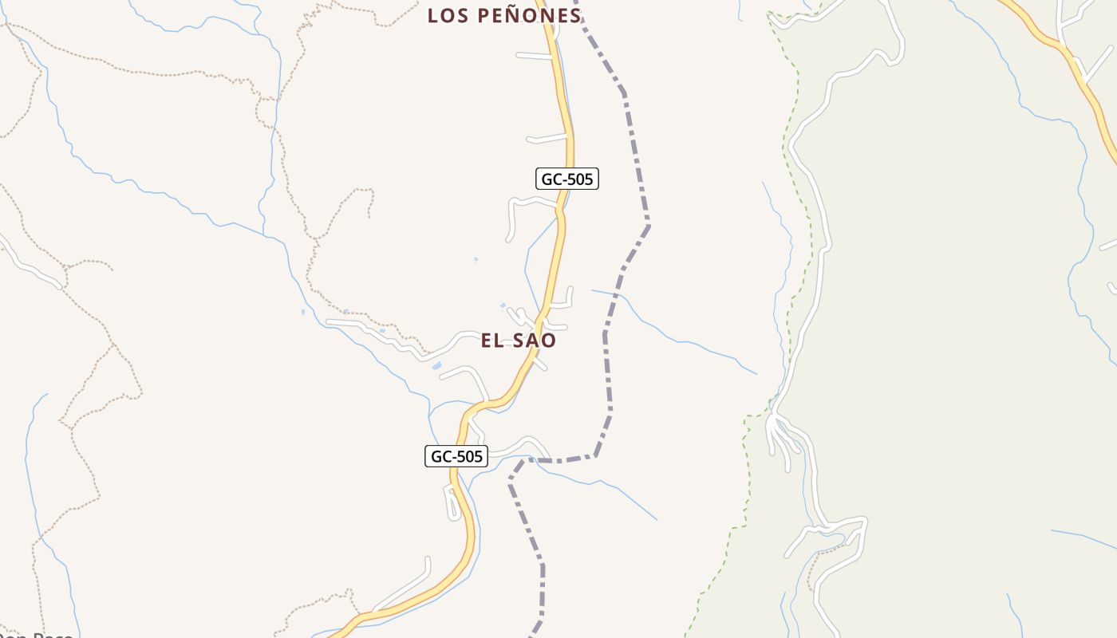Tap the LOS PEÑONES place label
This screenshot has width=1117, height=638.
click(x=504, y=15)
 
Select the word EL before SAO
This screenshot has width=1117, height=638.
click(x=492, y=341)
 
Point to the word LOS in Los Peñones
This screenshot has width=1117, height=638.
click(x=446, y=15)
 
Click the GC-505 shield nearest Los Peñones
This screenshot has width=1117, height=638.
click(x=566, y=179)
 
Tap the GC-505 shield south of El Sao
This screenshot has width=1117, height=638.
click(x=456, y=456)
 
